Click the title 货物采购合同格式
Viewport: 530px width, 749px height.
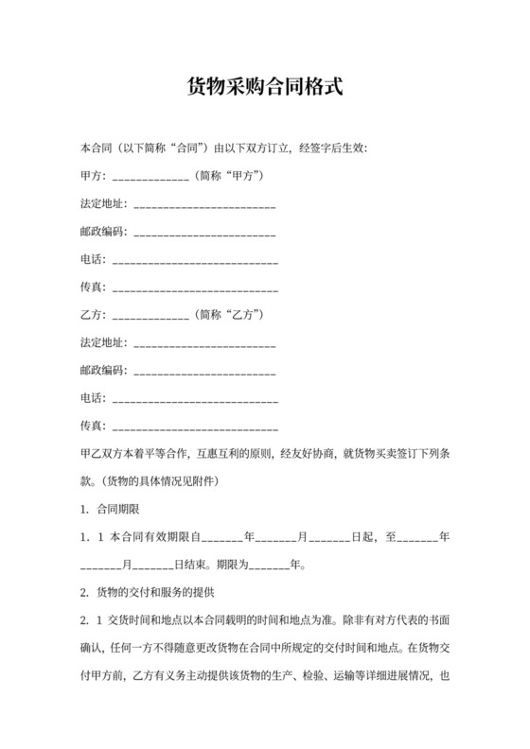[264, 88]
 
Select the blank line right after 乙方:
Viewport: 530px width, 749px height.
[150, 314]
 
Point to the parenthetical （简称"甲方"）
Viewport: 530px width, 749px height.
[227, 176]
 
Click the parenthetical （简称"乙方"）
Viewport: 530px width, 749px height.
[227, 313]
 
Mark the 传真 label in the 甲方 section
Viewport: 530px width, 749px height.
[92, 286]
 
